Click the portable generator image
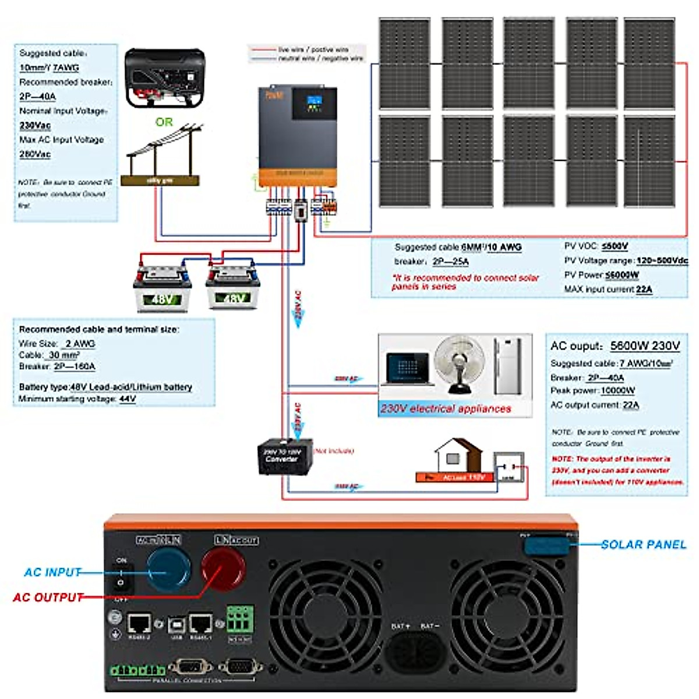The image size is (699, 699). (x=165, y=78)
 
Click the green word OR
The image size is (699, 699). (x=164, y=122)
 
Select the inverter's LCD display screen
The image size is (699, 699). (x=314, y=104)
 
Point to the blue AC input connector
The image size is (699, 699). (x=168, y=570)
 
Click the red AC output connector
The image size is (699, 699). (x=223, y=569)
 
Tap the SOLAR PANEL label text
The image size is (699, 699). (x=643, y=545)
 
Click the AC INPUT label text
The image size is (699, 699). (x=52, y=573)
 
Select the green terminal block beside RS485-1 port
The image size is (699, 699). (x=239, y=620)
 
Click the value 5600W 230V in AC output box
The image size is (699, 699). (x=645, y=346)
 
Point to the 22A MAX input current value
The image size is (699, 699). (x=644, y=290)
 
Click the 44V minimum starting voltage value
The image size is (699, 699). (x=128, y=399)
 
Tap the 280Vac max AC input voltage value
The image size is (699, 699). (x=35, y=154)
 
